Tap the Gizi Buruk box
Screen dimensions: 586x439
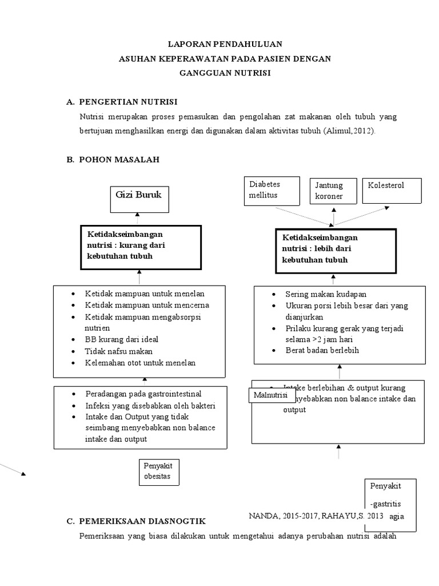coord(138,198)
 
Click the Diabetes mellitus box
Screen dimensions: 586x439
coord(272,191)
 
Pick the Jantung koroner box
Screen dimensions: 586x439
coord(333,191)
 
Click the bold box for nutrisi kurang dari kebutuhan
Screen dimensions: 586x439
coord(140,247)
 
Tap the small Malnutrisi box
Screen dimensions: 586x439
coord(272,397)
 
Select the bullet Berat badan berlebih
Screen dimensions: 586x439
coord(322,350)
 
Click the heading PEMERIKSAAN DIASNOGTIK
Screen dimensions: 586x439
coord(137,521)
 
